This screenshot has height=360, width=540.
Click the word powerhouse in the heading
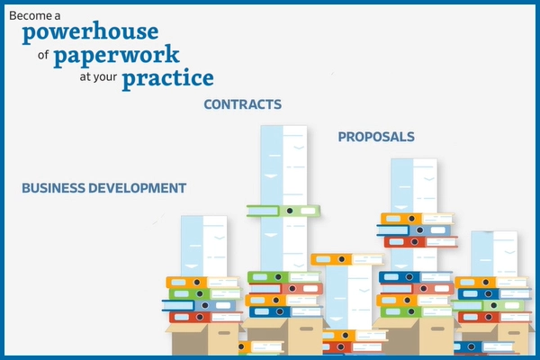pos(90,32)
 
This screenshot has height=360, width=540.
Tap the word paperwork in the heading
pos(116,56)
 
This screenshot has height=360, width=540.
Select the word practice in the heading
pos(168,79)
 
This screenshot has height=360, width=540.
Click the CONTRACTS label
pos(243,104)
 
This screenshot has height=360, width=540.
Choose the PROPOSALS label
pos(376,137)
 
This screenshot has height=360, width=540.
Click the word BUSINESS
pos(53,188)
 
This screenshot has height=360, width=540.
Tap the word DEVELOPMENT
pos(138,188)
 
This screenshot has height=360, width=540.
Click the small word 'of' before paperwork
pos(43,54)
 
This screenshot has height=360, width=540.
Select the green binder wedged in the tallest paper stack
pos(283,211)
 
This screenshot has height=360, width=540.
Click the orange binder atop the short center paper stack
pos(347,259)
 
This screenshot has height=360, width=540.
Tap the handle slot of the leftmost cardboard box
pos(224,333)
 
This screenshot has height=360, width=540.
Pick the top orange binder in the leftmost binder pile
pos(202,283)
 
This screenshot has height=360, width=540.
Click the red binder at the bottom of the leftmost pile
pos(205,317)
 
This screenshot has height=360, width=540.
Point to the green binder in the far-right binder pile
pos(488,305)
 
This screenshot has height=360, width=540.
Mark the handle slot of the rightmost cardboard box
pos(514,333)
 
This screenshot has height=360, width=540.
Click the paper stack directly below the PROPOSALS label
pos(414,213)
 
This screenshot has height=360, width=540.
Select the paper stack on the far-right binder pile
pos(494,254)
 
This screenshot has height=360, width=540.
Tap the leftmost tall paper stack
pos(204,247)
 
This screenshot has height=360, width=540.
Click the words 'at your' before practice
pos(98,76)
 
